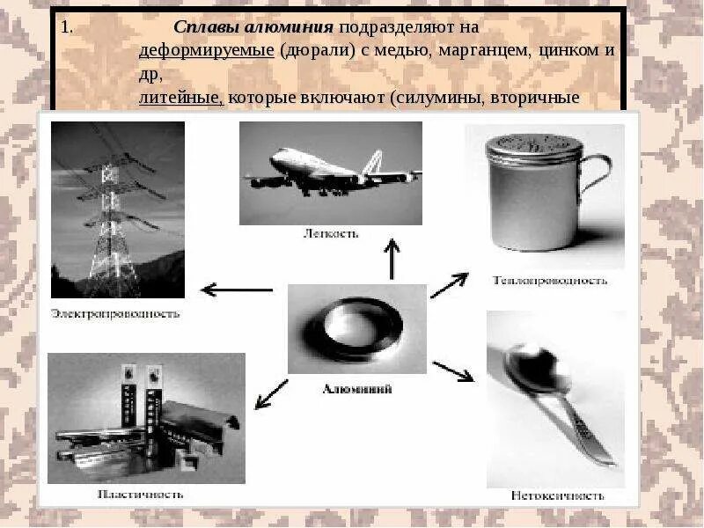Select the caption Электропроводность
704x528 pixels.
coord(115,312)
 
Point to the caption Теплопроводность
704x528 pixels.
coord(550,281)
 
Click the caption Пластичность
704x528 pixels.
coord(142,495)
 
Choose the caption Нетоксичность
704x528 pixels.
coord(557,495)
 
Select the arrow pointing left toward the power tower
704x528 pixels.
coord(237,289)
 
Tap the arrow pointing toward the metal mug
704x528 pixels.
coord(449,285)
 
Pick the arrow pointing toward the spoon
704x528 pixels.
coord(453,371)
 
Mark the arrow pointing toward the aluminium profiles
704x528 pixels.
coord(271,393)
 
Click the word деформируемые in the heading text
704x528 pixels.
coord(206,49)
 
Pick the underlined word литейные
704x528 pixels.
coord(180,97)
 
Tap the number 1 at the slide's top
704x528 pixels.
coord(66,26)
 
